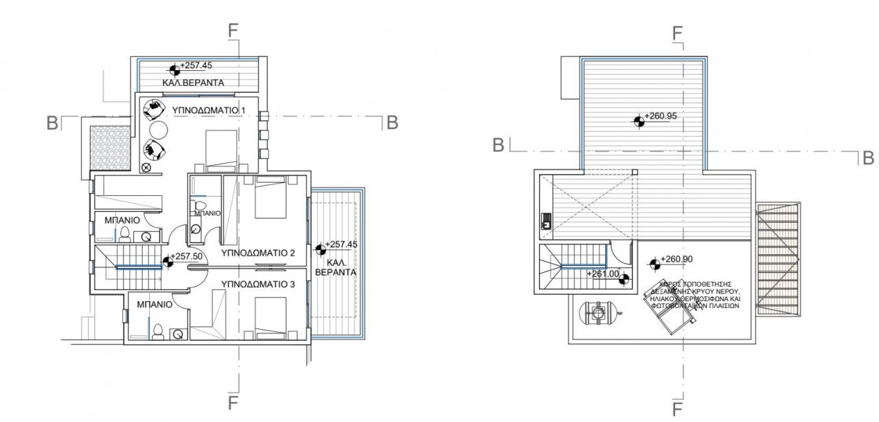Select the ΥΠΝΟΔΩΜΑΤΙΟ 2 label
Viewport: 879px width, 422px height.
pos(258,253)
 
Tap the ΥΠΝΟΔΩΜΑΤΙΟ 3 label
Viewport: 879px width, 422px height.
pos(258,283)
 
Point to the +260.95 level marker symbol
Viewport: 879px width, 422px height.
pos(639,121)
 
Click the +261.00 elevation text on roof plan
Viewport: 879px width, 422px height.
pos(604,274)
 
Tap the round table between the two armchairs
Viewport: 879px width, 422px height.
pos(158,129)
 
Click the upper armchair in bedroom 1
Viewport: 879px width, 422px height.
pos(155,108)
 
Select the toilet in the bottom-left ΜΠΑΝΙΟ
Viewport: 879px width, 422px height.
pos(157,333)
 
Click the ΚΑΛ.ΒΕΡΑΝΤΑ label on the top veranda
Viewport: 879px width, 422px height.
pos(193,83)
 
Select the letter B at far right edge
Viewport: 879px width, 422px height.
pos(868,159)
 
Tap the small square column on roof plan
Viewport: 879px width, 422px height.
pos(635,172)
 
